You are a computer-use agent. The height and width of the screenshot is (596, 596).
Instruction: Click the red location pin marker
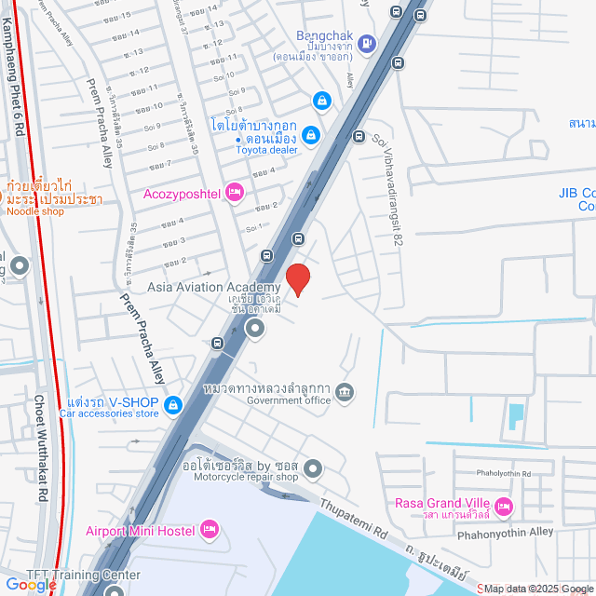(x=297, y=278)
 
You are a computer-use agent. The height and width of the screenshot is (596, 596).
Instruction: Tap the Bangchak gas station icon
(x=368, y=42)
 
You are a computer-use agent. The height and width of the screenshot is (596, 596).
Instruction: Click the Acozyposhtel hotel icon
(x=235, y=194)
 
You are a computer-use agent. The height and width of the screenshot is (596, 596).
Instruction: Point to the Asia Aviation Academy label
(x=213, y=287)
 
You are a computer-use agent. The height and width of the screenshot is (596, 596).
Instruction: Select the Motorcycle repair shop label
(x=245, y=478)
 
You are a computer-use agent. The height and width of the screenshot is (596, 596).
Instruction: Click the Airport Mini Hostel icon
(x=209, y=530)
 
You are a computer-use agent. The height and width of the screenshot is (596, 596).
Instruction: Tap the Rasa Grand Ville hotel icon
(x=504, y=507)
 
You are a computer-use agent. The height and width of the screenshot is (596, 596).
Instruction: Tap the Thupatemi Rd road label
(x=354, y=520)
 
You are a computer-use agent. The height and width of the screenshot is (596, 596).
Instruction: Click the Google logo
(x=30, y=585)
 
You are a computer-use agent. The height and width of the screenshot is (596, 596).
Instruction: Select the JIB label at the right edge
(x=576, y=194)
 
